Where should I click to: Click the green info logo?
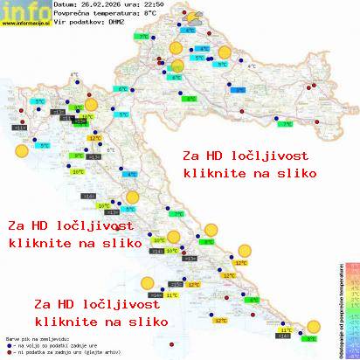[x=17, y=11]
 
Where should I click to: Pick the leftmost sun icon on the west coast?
[x=21, y=150]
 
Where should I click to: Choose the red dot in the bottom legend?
[x=8, y=351]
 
